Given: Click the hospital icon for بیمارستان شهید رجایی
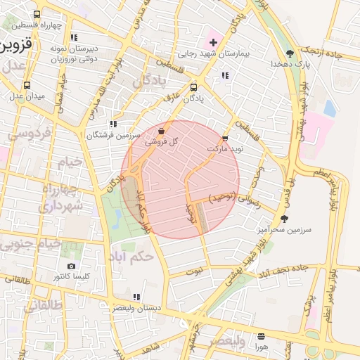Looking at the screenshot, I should point(213,43).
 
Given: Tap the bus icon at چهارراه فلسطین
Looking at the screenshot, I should point(37,14).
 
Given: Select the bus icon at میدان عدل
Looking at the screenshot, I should point(27,85).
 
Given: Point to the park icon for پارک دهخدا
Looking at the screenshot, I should point(290,54).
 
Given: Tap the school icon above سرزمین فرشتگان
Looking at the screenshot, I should point(114,124).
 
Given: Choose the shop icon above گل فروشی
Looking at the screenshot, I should point(162,131).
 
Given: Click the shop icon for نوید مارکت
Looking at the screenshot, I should point(225,139).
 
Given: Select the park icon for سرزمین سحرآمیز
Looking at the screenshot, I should point(284,219).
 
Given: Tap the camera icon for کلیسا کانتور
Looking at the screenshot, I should point(71,266).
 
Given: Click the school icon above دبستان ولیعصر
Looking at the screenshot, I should point(136,297).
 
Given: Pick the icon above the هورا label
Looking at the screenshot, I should point(262,336).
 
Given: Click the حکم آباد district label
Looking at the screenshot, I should point(132,257).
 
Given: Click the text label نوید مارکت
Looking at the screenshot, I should point(225,150).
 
